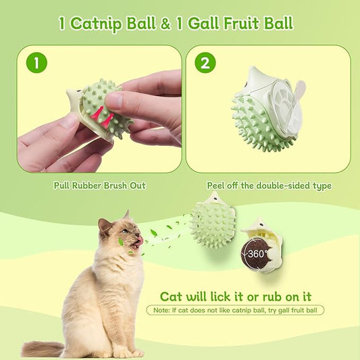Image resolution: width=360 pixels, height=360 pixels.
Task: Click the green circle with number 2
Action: pos(205,63)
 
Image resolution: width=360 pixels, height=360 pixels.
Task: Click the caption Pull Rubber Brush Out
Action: pos(99,185)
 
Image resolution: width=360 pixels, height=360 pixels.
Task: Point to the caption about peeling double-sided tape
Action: pos(268,185)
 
